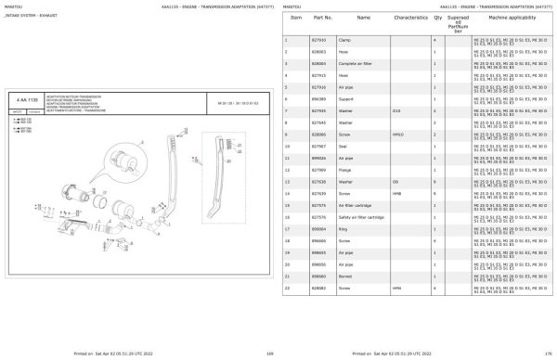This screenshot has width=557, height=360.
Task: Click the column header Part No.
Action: pos(323,18)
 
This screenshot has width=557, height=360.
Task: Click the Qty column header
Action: pos(436,18)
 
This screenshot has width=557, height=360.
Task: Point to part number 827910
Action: pos(320,41)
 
